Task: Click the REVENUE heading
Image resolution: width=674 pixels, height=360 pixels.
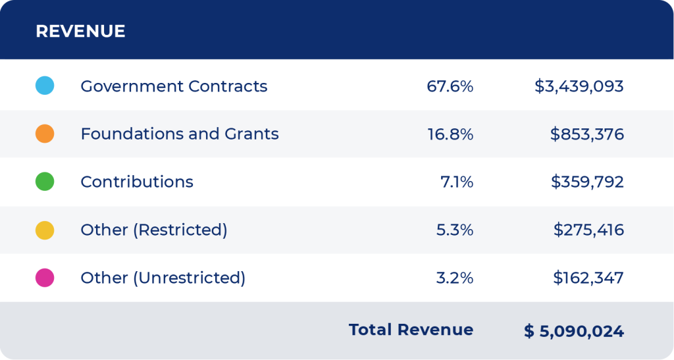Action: (80, 31)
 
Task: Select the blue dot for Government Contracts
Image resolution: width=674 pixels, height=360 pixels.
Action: (45, 86)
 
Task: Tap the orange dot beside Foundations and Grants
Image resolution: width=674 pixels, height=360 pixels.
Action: (45, 134)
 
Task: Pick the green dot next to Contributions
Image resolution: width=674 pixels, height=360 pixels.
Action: (45, 182)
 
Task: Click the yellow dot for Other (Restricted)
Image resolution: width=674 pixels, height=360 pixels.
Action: (45, 230)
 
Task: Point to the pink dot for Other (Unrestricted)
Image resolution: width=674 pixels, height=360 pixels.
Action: (45, 278)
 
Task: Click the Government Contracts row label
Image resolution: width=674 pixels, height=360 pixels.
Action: (174, 86)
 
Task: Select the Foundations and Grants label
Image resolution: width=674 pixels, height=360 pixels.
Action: (179, 134)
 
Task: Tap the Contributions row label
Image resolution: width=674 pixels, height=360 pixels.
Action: (137, 182)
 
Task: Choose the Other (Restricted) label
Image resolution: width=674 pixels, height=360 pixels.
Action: (153, 230)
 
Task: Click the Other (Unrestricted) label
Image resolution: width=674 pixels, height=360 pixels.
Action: (163, 278)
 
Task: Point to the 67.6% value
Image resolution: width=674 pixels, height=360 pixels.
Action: (450, 86)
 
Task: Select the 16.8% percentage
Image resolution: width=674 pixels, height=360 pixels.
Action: (450, 134)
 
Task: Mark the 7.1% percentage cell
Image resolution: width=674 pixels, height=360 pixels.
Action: (456, 182)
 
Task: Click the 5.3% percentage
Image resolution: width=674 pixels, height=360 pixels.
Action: (454, 230)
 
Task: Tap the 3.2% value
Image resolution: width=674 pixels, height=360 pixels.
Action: (454, 278)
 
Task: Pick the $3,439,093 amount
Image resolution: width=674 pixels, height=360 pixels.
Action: (579, 86)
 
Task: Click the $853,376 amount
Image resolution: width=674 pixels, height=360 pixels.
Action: (587, 134)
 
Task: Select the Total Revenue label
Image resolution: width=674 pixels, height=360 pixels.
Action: (411, 330)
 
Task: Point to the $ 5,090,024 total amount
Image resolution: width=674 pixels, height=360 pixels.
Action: (574, 332)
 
